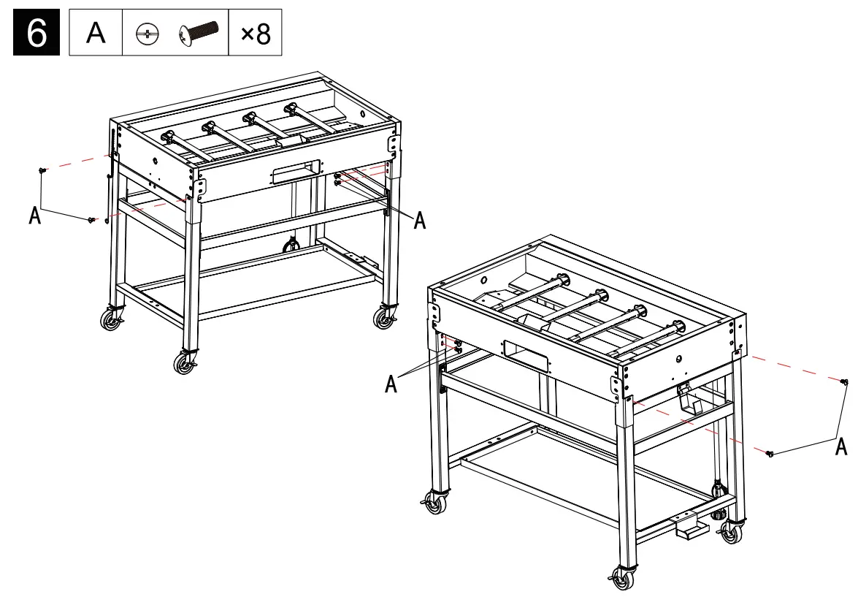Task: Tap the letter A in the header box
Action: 96,34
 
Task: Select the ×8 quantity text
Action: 255,34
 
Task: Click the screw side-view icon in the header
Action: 198,34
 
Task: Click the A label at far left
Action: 34,216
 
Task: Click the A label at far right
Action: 841,446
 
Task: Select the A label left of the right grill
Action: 391,384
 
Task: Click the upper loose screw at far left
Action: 42,170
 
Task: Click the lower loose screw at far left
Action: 91,219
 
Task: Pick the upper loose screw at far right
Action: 844,381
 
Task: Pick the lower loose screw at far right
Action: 770,454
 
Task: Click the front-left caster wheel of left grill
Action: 185,363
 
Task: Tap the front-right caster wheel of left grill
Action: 383,318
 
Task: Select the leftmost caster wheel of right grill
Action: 436,504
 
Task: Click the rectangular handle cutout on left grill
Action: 296,173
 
